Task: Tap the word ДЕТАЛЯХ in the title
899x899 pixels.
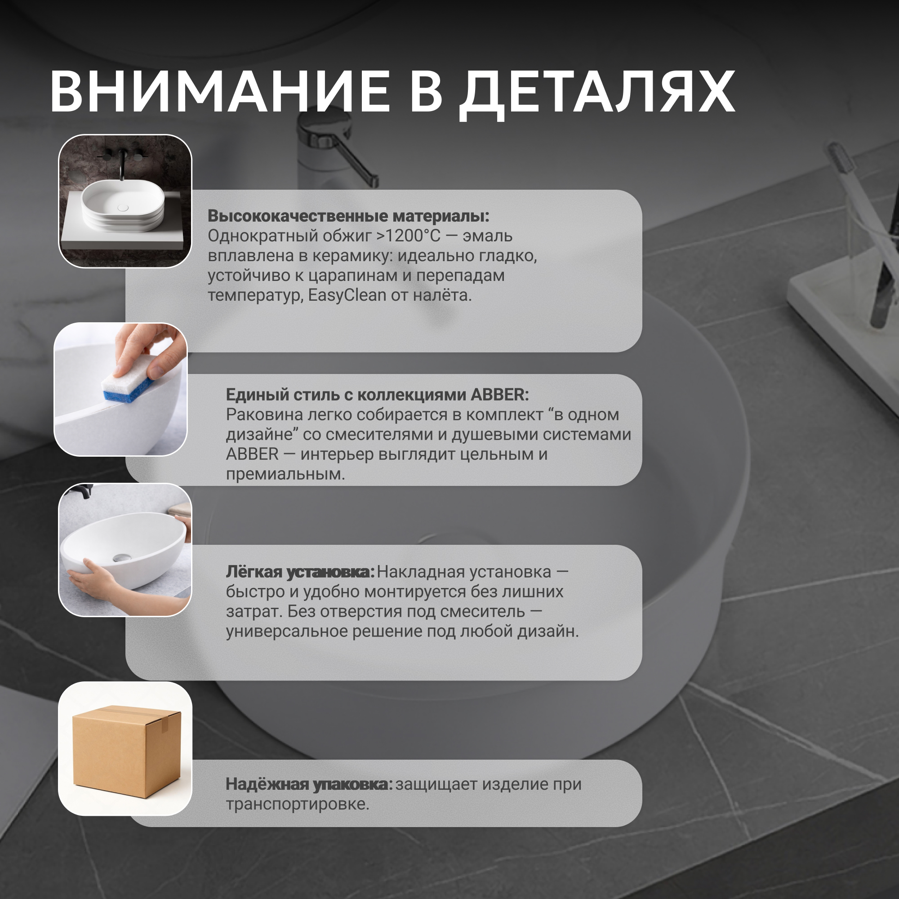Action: click(x=596, y=93)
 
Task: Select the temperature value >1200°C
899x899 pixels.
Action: click(x=408, y=236)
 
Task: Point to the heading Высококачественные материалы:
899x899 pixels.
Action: click(x=348, y=216)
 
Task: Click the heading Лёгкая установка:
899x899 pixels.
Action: click(x=300, y=572)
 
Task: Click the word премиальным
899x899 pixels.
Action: click(x=285, y=475)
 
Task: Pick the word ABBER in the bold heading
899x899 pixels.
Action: click(x=500, y=395)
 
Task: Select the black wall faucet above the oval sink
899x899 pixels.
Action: click(x=123, y=163)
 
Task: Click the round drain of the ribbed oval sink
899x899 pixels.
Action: click(x=123, y=208)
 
